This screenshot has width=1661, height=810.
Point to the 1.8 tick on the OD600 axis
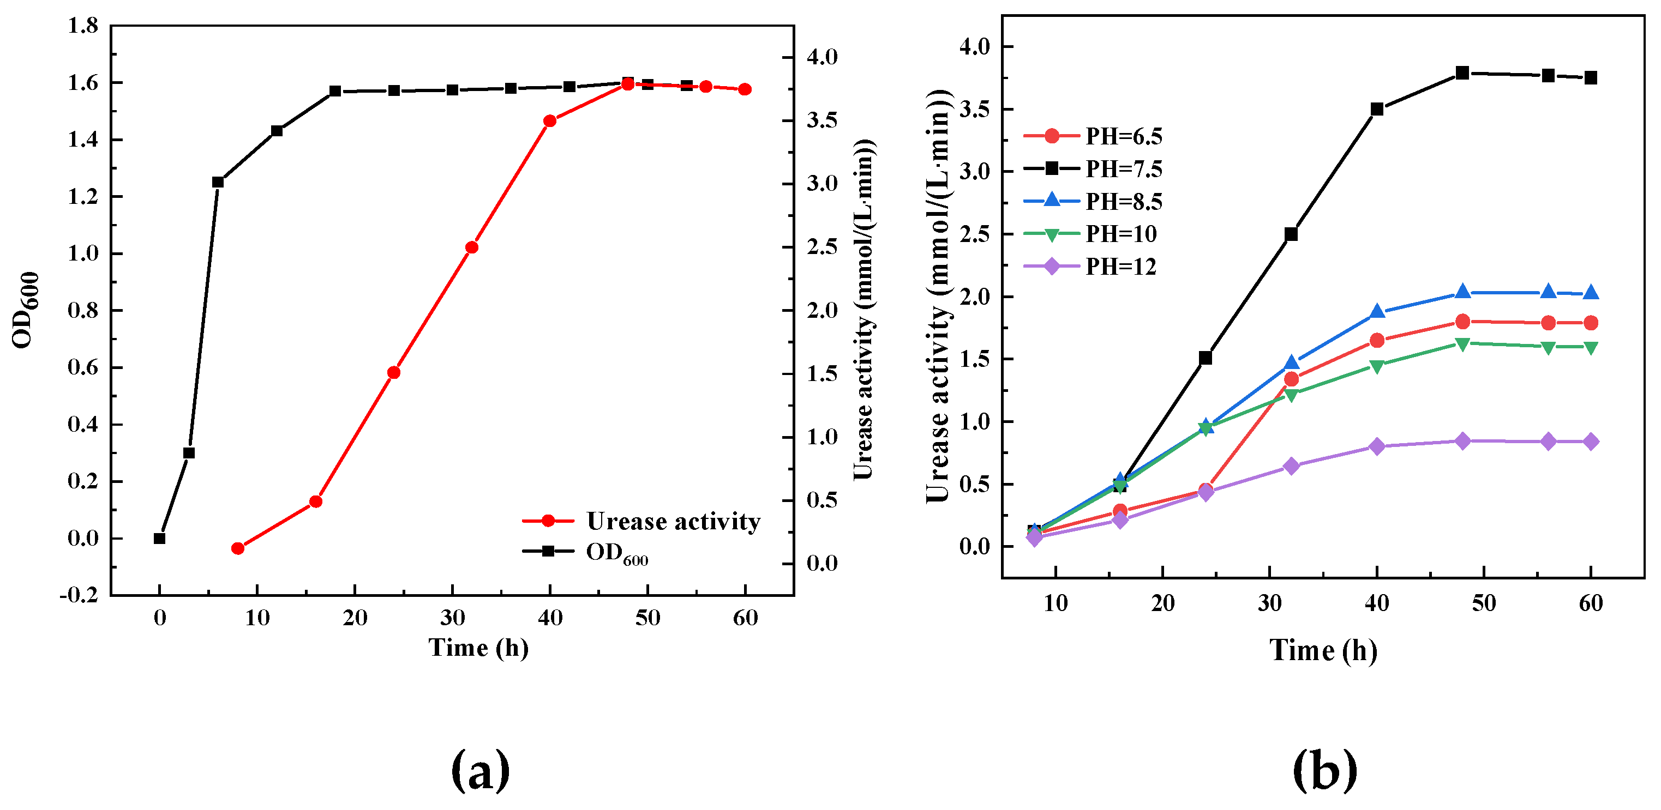pyautogui.click(x=83, y=26)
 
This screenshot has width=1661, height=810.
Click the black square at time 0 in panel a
pyautogui.click(x=160, y=538)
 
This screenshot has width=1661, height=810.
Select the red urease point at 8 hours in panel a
pyautogui.click(x=238, y=548)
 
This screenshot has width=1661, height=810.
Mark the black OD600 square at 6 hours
pyautogui.click(x=218, y=183)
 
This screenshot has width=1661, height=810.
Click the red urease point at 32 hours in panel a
pyautogui.click(x=472, y=247)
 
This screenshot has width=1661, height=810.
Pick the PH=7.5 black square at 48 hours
pyautogui.click(x=1462, y=73)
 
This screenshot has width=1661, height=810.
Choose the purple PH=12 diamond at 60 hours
pyautogui.click(x=1591, y=442)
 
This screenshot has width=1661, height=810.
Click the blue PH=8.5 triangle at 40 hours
pyautogui.click(x=1377, y=312)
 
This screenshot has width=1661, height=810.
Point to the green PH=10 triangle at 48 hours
pyautogui.click(x=1462, y=344)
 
